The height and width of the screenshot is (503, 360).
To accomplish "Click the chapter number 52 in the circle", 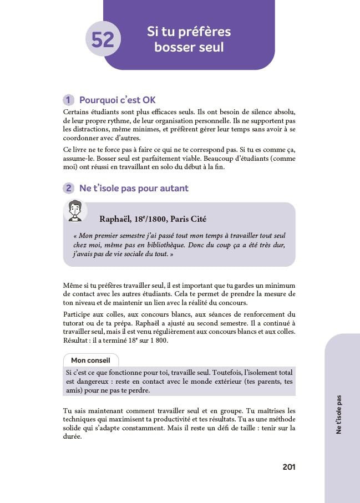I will pyautogui.click(x=103, y=40).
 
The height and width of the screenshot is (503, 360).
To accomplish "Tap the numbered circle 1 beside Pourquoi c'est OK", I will pyautogui.click(x=69, y=100).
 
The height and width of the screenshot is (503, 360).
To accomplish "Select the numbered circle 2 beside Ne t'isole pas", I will pyautogui.click(x=69, y=189).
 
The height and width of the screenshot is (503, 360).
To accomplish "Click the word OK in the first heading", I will pyautogui.click(x=149, y=100).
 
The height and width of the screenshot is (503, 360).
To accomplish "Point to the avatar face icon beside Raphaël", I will pyautogui.click(x=75, y=211).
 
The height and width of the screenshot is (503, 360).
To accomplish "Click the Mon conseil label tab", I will pyautogui.click(x=90, y=360).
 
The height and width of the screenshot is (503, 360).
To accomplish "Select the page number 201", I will pyautogui.click(x=288, y=467).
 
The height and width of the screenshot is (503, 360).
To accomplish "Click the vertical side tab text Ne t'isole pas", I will pyautogui.click(x=339, y=414).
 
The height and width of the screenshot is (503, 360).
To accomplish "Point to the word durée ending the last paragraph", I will pyautogui.click(x=73, y=436).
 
